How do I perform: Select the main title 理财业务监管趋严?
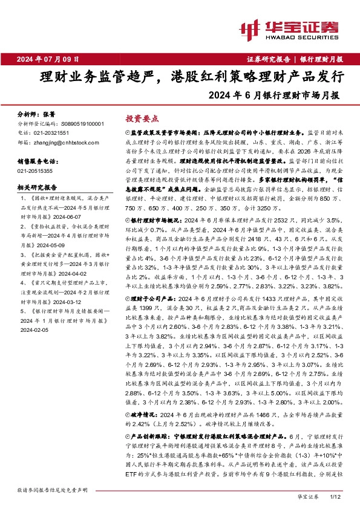96,77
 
